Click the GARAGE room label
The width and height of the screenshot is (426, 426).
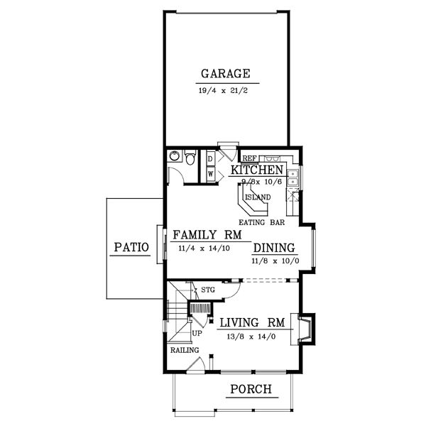pyautogui.click(x=225, y=74)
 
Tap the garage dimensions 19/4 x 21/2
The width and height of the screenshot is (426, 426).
pyautogui.click(x=225, y=92)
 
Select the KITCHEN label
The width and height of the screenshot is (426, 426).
pyautogui.click(x=257, y=171)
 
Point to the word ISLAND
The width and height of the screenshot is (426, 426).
pyautogui.click(x=256, y=197)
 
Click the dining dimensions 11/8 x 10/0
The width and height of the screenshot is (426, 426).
pyautogui.click(x=275, y=261)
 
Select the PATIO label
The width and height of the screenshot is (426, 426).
pyautogui.click(x=130, y=248)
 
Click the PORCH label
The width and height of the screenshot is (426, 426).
pyautogui.click(x=251, y=389)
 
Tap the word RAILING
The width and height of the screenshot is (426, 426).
pyautogui.click(x=183, y=350)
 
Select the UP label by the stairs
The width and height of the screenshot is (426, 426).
pyautogui.click(x=197, y=332)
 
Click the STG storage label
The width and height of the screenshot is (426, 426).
pyautogui.click(x=208, y=290)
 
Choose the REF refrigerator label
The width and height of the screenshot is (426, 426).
pyautogui.click(x=249, y=158)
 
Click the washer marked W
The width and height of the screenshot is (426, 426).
pyautogui.click(x=211, y=173)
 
